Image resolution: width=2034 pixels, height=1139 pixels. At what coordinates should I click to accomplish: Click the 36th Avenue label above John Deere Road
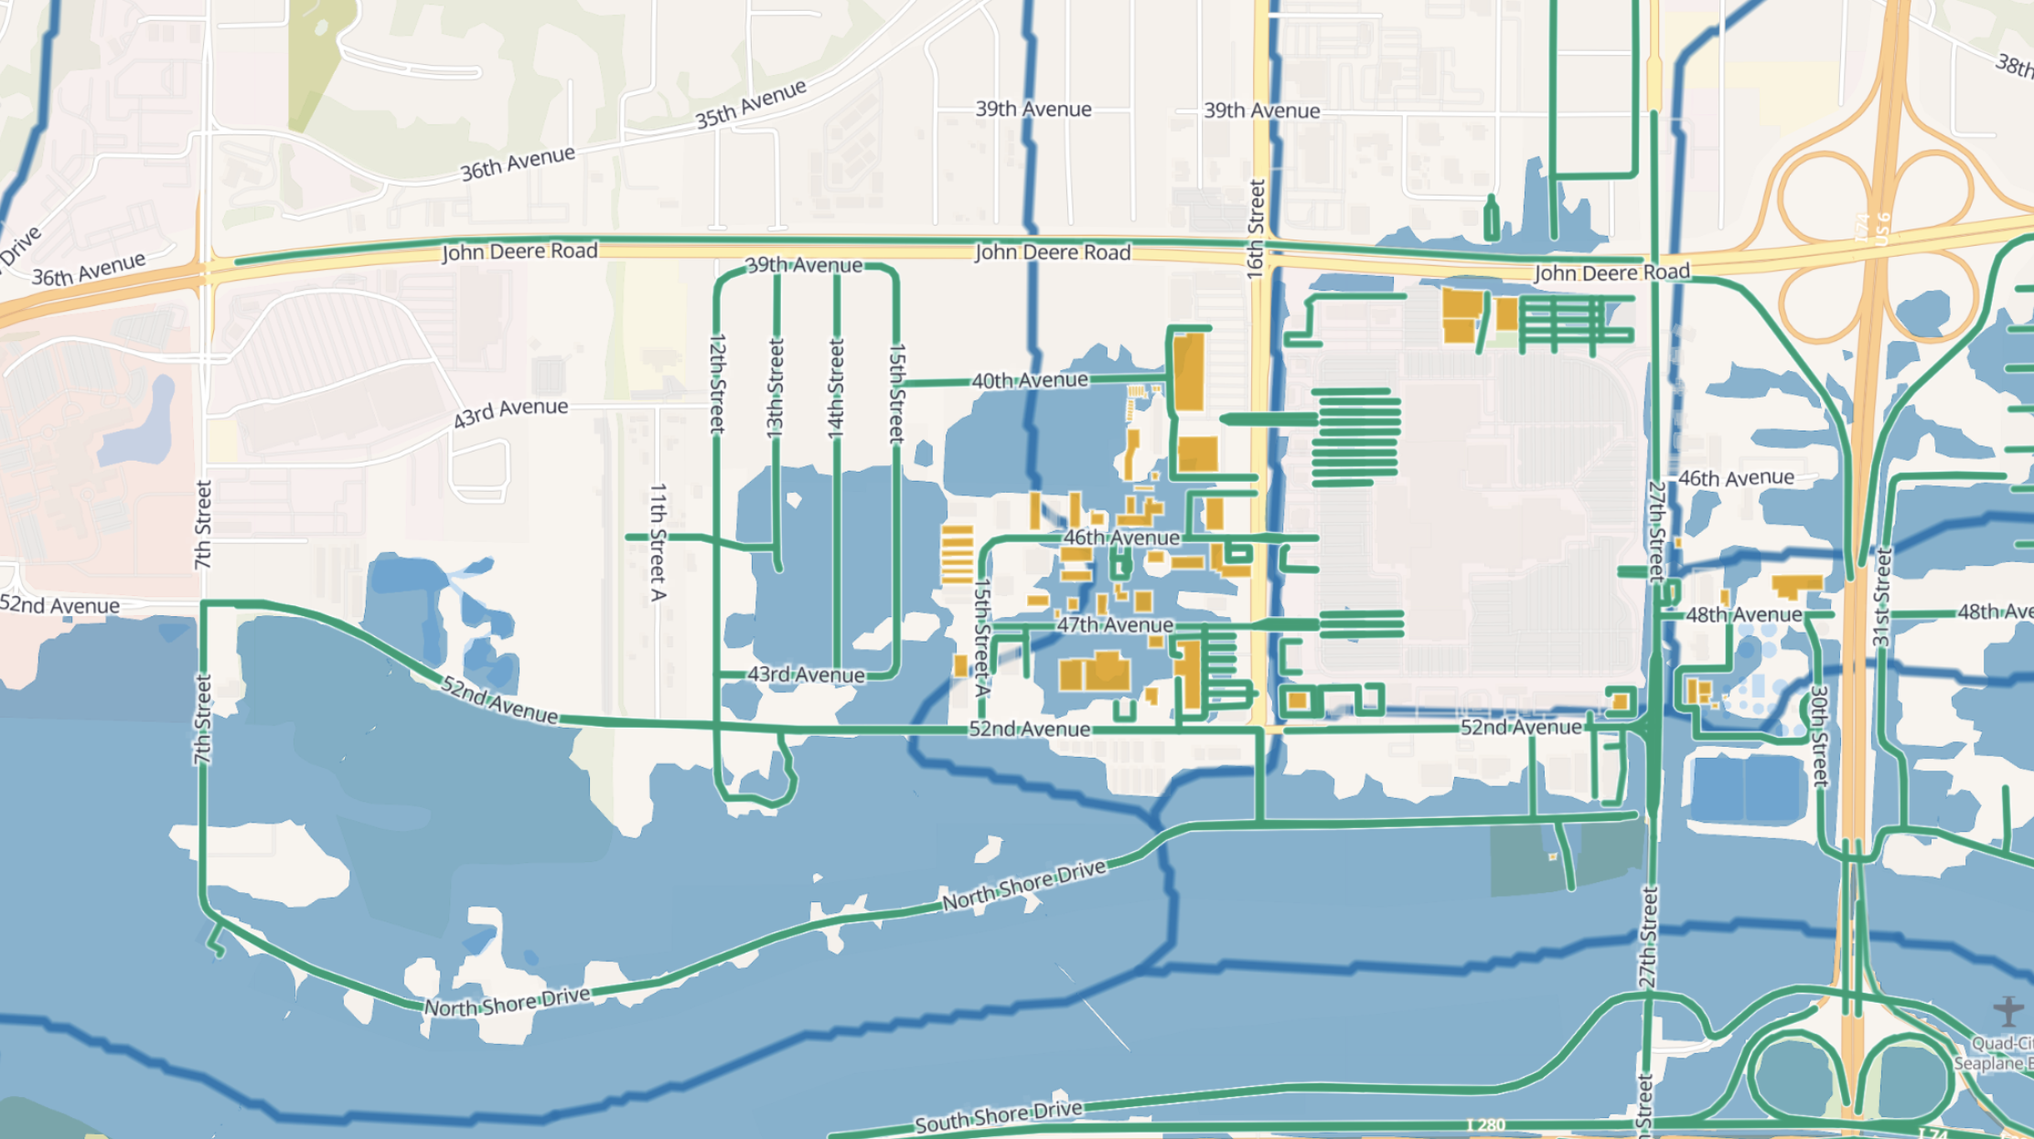click(x=518, y=164)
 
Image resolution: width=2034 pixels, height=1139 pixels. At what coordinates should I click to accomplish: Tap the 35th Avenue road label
click(x=750, y=103)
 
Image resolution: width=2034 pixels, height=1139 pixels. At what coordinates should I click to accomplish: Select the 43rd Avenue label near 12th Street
click(x=806, y=675)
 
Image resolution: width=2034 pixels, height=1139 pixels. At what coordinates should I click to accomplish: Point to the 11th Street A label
click(x=657, y=542)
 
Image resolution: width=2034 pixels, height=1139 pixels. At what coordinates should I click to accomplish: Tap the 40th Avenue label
click(x=1030, y=380)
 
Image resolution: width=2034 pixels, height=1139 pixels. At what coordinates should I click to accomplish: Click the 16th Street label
click(x=1256, y=229)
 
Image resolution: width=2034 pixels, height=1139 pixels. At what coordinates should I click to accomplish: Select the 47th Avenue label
click(x=1115, y=625)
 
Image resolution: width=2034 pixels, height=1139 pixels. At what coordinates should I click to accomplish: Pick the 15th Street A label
click(x=981, y=636)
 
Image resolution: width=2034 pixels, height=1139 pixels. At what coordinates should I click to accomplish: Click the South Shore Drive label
click(x=999, y=1116)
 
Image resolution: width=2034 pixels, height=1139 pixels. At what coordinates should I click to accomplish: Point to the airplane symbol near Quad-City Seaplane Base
click(x=2008, y=1010)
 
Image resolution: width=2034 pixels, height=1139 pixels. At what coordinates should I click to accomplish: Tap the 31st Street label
click(x=1882, y=597)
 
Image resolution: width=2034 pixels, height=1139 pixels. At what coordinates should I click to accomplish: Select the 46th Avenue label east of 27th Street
click(x=1736, y=478)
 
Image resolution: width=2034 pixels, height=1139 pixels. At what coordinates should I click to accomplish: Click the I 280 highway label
click(x=1485, y=1125)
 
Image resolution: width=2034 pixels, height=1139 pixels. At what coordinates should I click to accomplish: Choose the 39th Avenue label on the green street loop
click(x=804, y=265)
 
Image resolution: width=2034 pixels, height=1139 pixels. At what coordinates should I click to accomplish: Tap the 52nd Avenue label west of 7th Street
click(x=60, y=605)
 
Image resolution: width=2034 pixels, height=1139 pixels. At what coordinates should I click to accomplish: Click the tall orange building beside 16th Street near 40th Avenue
click(x=1188, y=371)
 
